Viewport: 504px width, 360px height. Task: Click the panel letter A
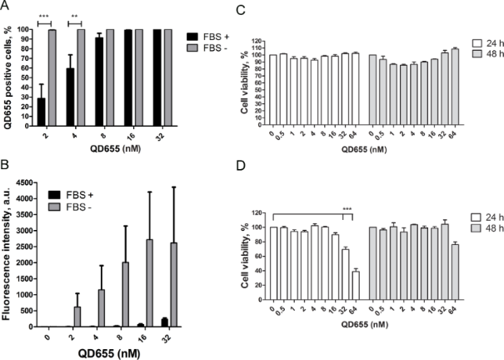click(x=6, y=7)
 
